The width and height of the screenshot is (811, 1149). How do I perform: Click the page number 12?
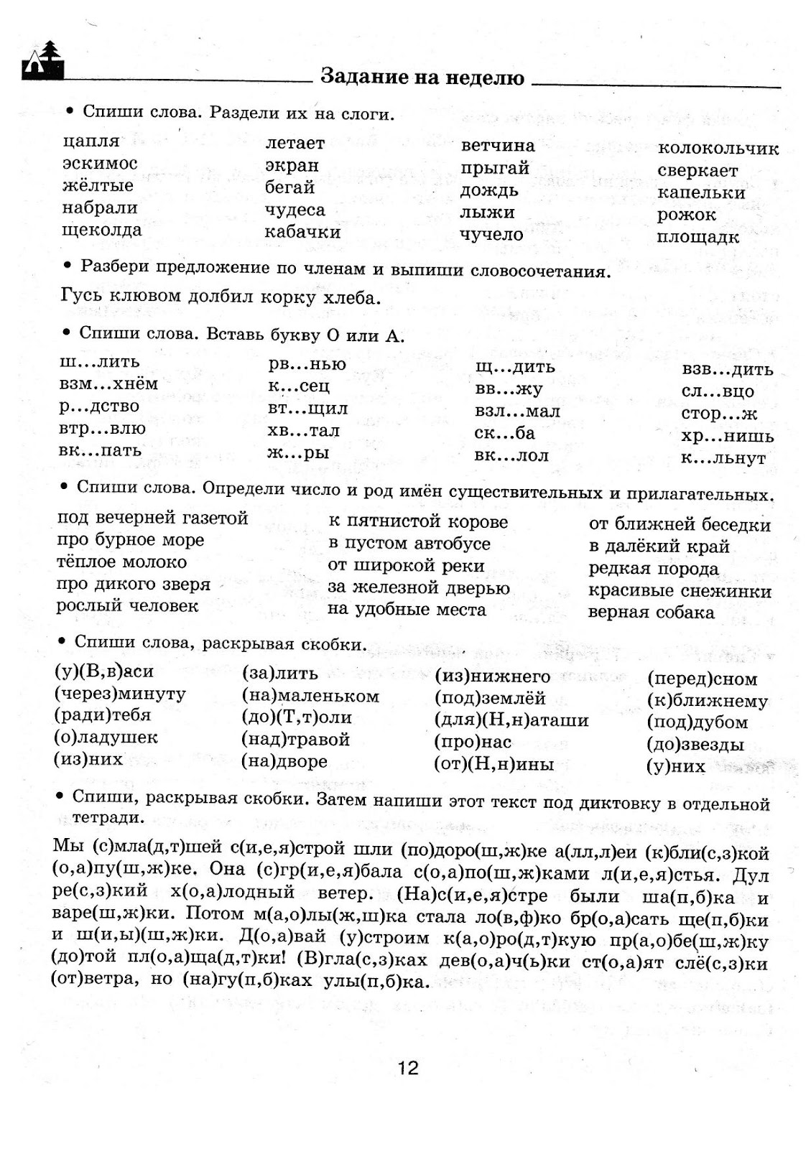pos(407,1069)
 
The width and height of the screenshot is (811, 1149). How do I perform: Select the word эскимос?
pos(99,164)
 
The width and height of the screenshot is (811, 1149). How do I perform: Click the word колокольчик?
pos(718,149)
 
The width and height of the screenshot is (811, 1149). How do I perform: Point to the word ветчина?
pos(497,146)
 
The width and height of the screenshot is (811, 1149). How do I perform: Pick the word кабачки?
pos(302,232)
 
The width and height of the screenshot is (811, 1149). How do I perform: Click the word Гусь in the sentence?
pos(80,296)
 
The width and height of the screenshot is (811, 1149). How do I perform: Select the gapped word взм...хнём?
pos(108,383)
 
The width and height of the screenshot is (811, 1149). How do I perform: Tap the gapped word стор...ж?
pos(718,414)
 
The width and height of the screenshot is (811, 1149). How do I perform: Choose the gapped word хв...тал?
pos(303,431)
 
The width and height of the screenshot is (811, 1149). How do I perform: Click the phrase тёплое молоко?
pos(121,562)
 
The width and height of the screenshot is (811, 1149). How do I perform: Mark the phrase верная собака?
pos(651,613)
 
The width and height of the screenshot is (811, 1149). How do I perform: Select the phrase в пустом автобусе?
pos(409,544)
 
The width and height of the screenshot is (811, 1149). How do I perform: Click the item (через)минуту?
pos(119,694)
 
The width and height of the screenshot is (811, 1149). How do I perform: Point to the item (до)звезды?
pos(695,745)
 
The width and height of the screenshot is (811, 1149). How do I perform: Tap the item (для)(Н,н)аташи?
pos(511,720)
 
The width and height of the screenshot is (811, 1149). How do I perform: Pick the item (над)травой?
pos(295,739)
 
